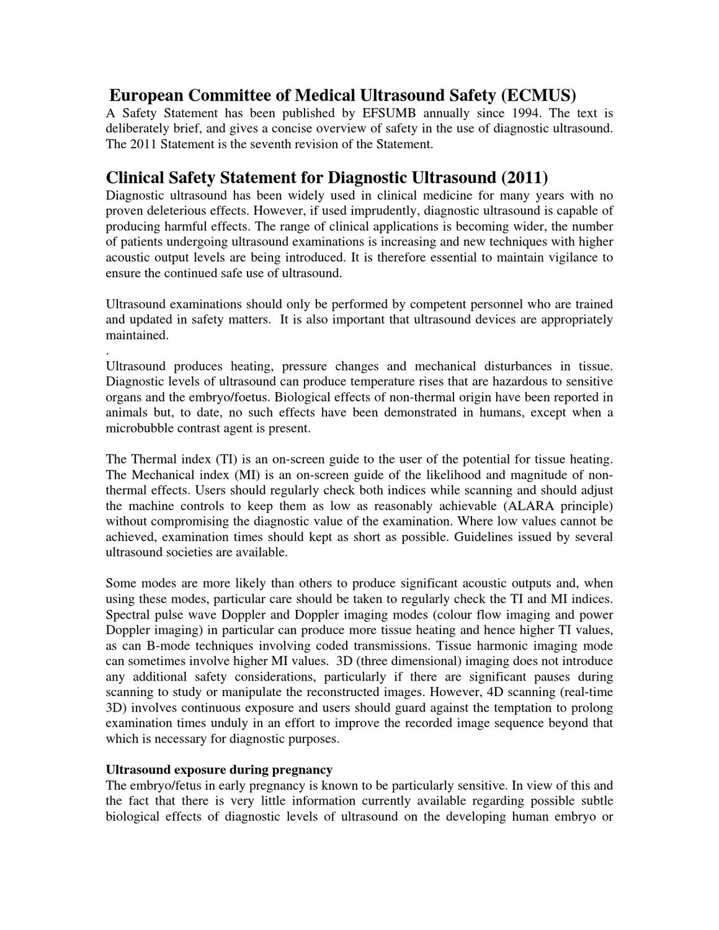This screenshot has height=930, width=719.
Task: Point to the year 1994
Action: pos(526,114)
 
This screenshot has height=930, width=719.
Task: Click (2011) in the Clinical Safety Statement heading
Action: pos(524,177)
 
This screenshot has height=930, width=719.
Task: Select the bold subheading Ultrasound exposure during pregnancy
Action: pos(219,770)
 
